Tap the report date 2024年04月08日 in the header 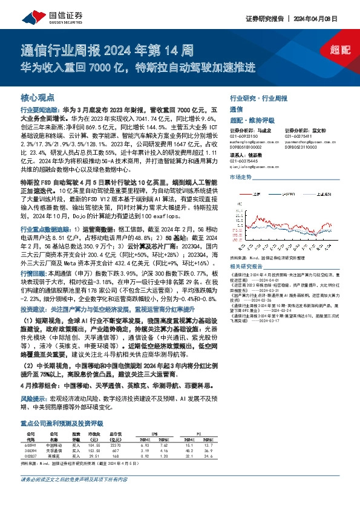[x=326, y=17]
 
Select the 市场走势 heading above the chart [x=241, y=177]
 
